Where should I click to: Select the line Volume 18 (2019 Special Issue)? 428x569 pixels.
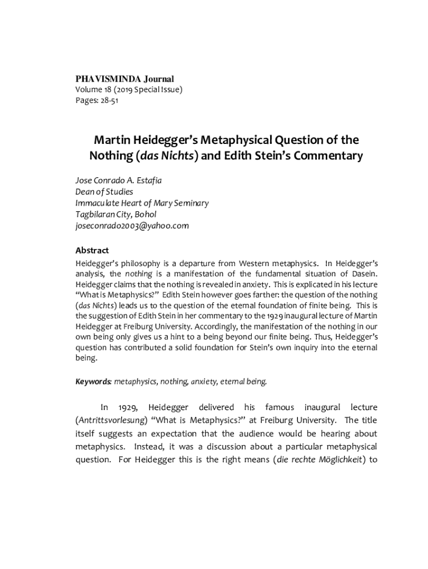128,90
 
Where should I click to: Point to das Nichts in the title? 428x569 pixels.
166,156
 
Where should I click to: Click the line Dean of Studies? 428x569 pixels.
104,192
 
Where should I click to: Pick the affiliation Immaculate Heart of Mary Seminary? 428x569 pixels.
142,203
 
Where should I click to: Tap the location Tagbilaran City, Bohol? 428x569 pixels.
116,214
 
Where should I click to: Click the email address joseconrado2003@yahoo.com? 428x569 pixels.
132,226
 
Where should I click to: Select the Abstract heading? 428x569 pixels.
92,250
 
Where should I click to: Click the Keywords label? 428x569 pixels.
93,381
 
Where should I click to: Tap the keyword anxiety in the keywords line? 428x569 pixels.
203,381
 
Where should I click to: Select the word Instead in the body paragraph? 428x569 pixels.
132,447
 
